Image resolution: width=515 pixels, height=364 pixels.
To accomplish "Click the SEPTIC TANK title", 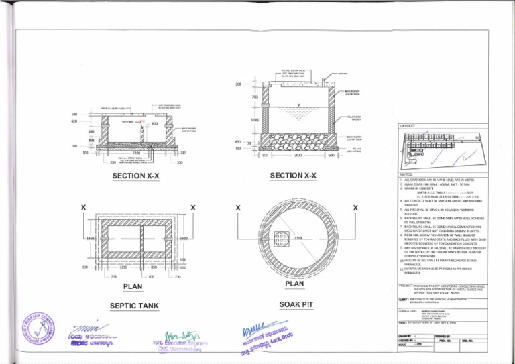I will [x=135, y=306].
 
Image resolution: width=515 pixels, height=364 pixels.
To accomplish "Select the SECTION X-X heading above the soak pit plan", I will [x=295, y=176].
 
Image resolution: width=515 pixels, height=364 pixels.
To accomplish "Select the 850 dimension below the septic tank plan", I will [x=154, y=267].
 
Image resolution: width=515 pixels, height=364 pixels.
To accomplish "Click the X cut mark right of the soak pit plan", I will [x=353, y=208].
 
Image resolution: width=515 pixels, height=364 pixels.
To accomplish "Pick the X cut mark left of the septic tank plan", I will [x=82, y=208].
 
